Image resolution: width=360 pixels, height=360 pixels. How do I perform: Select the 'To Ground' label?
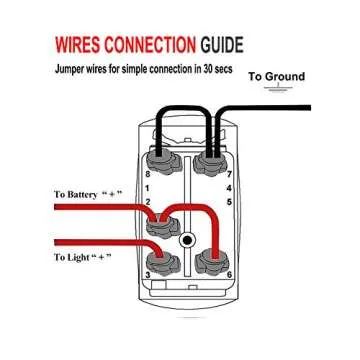point(276,77)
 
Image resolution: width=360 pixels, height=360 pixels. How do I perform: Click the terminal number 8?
point(148,173)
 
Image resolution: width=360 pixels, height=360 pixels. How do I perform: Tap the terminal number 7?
point(229,173)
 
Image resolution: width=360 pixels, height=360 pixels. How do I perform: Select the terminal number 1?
point(148,187)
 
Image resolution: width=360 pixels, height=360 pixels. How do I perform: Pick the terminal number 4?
point(229,187)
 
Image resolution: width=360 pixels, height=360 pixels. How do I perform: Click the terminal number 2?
point(148,202)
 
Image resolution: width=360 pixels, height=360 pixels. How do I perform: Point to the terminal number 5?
point(229,202)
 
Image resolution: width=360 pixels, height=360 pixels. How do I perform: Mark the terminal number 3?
point(147,275)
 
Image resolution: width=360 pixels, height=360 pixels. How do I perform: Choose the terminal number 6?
point(229,275)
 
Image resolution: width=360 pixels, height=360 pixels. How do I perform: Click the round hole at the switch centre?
point(187,241)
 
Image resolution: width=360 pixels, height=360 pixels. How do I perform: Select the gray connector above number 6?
point(211,262)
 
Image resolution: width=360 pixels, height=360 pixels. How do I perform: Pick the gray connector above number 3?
point(163,262)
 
